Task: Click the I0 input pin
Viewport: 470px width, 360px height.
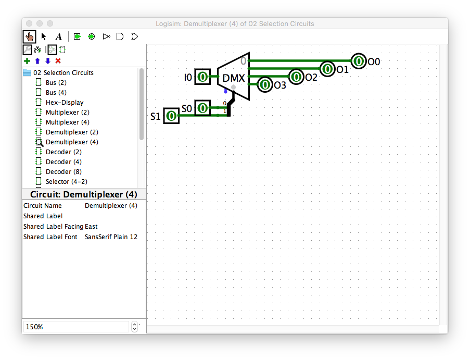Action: click(x=202, y=77)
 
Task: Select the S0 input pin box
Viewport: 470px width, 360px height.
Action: click(x=202, y=108)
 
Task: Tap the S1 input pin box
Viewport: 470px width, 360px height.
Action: click(x=171, y=116)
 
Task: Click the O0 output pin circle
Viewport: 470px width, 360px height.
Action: click(x=359, y=61)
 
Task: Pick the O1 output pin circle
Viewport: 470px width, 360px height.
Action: click(x=327, y=69)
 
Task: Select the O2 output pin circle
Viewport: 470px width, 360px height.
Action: click(x=296, y=77)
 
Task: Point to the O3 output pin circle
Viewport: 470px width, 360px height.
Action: click(x=265, y=84)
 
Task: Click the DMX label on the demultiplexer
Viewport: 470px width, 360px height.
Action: click(x=234, y=78)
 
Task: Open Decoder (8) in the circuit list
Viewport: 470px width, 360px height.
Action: click(x=63, y=171)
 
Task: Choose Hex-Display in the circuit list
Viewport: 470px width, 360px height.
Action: click(x=65, y=102)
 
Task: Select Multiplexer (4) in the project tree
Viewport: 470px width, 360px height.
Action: click(x=68, y=122)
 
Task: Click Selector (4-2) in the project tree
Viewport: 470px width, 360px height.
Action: click(x=67, y=181)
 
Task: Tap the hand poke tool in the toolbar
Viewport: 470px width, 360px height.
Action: click(x=29, y=36)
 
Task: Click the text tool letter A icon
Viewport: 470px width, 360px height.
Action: click(x=59, y=37)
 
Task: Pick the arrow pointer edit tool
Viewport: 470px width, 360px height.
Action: click(x=44, y=36)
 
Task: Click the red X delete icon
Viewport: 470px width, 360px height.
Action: click(x=58, y=61)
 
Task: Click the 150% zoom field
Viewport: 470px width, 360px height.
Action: click(x=76, y=327)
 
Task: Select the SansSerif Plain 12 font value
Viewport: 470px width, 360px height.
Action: click(x=111, y=237)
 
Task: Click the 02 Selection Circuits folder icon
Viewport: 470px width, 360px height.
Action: click(x=27, y=72)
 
